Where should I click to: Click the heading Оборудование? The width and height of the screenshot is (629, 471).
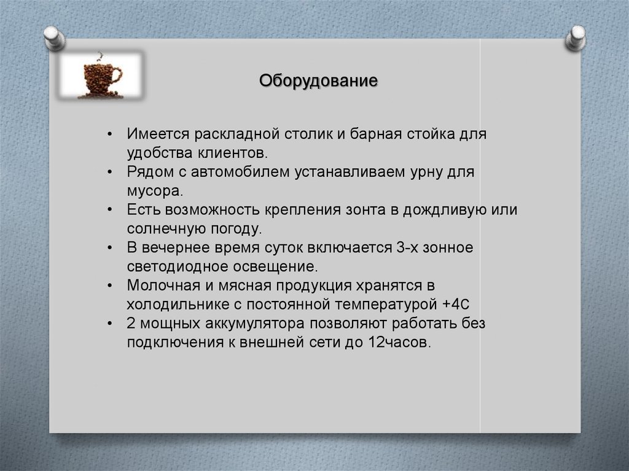pyautogui.click(x=318, y=81)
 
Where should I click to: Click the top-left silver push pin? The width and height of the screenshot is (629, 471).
pyautogui.click(x=55, y=39)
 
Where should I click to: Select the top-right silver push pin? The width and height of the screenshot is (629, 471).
pyautogui.click(x=576, y=39)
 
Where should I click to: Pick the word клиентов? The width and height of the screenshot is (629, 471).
pyautogui.click(x=232, y=153)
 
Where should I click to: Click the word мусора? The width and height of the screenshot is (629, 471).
pyautogui.click(x=155, y=191)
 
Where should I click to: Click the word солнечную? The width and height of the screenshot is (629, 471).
pyautogui.click(x=166, y=228)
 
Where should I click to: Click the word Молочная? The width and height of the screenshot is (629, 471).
pyautogui.click(x=163, y=286)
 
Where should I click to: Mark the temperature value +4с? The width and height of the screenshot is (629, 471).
pyautogui.click(x=455, y=304)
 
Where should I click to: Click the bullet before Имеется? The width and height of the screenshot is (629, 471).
pyautogui.click(x=109, y=134)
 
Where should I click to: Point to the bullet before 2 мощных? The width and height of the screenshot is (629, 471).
pyautogui.click(x=109, y=324)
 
